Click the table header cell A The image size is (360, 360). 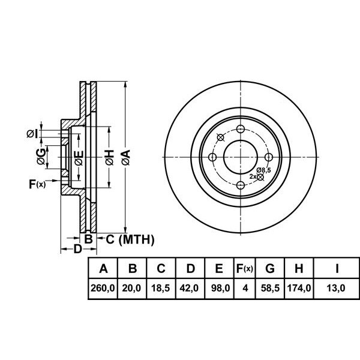click(x=103, y=268)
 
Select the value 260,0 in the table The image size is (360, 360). click(x=103, y=288)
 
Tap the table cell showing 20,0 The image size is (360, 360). click(x=132, y=288)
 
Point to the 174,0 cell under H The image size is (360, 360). click(x=298, y=288)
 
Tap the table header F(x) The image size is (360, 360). click(x=244, y=268)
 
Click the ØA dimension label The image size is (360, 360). click(x=125, y=158)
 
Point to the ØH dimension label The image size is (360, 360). click(x=109, y=158)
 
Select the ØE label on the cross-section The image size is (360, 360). click(x=79, y=158)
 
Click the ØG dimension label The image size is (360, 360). click(x=40, y=158)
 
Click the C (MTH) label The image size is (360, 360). click(x=127, y=240)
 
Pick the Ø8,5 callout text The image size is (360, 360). click(x=263, y=171)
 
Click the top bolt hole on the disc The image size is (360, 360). click(x=241, y=130)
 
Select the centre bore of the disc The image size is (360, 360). click(x=241, y=158)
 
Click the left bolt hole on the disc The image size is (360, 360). click(x=212, y=158)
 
